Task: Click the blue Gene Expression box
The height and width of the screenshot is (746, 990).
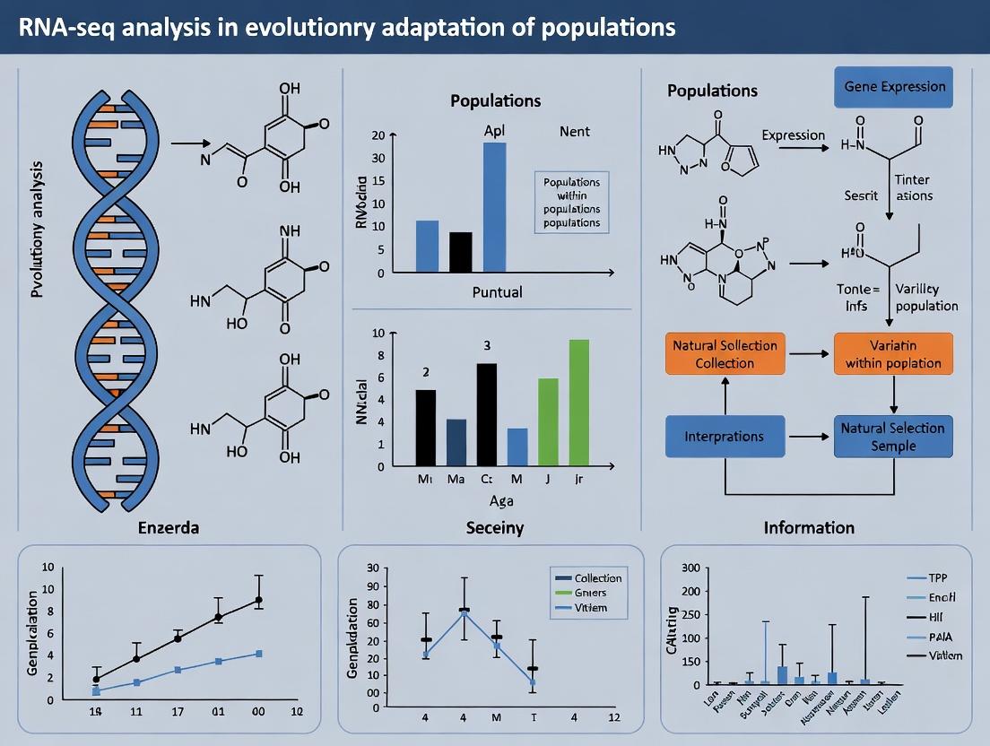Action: [x=894, y=87]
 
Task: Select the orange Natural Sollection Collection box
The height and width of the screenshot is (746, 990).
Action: [x=725, y=354]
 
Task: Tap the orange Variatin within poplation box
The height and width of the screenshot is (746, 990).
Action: [x=893, y=354]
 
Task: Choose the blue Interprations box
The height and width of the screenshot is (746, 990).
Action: [x=724, y=436]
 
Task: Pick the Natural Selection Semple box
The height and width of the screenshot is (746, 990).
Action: [x=893, y=437]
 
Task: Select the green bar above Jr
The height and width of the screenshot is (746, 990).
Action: [x=579, y=403]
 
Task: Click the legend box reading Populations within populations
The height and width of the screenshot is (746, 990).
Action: [x=571, y=202]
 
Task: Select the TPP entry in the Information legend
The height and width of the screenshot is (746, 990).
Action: [x=938, y=578]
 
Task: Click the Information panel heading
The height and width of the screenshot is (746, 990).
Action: [x=809, y=527]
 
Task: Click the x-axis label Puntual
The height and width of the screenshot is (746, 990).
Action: [x=497, y=292]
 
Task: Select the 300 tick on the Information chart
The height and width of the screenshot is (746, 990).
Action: [x=690, y=568]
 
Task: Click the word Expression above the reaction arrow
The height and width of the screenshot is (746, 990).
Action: [x=793, y=135]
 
